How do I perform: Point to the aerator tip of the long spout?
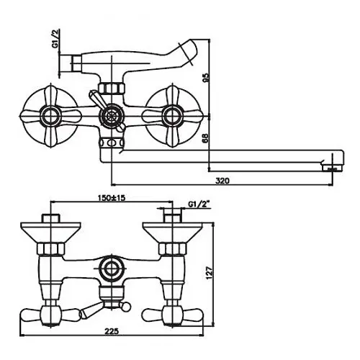[x=332, y=166]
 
